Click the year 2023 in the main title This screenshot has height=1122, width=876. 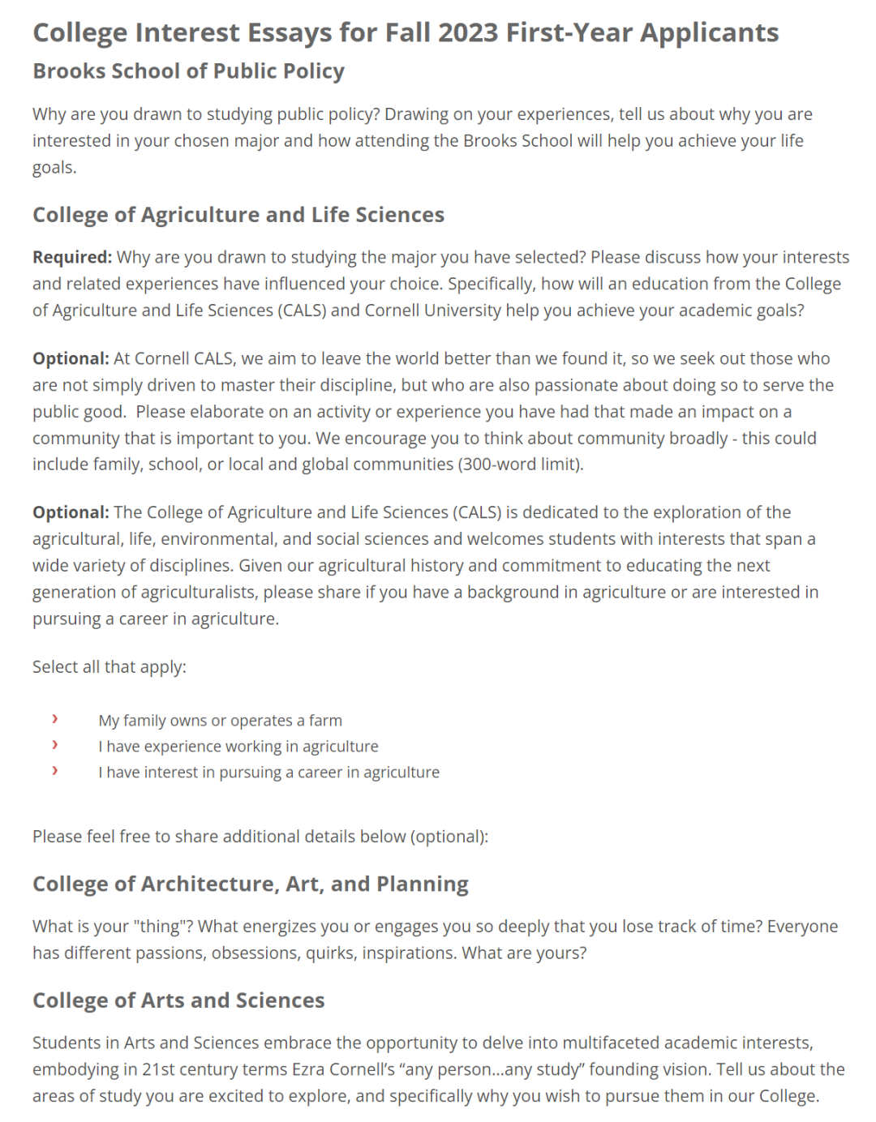click(x=468, y=32)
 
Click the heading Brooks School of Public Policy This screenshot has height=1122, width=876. click(x=188, y=71)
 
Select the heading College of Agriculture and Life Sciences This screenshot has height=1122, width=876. click(x=238, y=215)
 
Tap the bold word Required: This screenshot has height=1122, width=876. click(x=72, y=257)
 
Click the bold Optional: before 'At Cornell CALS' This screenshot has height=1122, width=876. click(x=71, y=358)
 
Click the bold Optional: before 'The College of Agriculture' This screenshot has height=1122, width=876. click(x=71, y=512)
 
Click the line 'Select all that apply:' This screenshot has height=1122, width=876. click(x=109, y=666)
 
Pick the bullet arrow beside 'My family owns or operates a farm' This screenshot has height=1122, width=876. click(x=54, y=719)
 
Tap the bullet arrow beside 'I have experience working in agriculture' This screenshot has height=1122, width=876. click(x=54, y=745)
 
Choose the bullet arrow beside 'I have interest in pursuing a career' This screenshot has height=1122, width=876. click(x=54, y=771)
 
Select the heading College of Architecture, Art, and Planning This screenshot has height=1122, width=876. click(x=251, y=884)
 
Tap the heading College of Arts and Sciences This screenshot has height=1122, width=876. click(x=178, y=1000)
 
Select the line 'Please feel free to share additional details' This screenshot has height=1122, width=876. click(x=260, y=836)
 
